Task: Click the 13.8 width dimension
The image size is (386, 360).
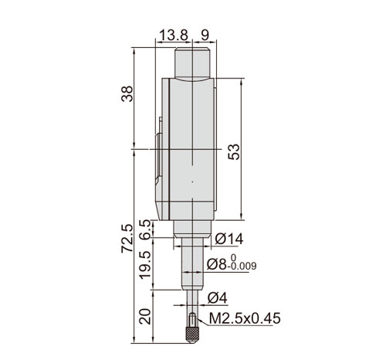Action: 174,36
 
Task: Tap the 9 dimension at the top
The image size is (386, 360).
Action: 205,36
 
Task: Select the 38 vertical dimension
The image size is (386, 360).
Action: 127,93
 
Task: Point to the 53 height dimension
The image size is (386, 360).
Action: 234,151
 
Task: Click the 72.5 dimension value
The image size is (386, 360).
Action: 127,239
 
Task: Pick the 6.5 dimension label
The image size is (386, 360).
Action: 147,229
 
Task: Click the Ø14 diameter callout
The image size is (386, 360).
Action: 229,239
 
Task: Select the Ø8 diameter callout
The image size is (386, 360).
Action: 217,264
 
